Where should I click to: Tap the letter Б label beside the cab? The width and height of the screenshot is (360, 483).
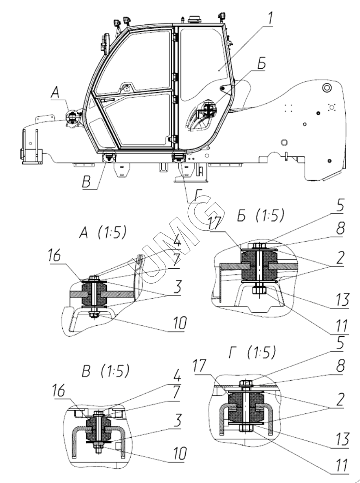[x=261, y=63]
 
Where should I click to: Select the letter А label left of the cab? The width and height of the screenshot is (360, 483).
[x=55, y=92]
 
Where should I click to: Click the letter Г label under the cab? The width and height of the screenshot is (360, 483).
[x=198, y=195]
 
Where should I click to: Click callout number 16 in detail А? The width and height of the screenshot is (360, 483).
[x=54, y=255]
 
